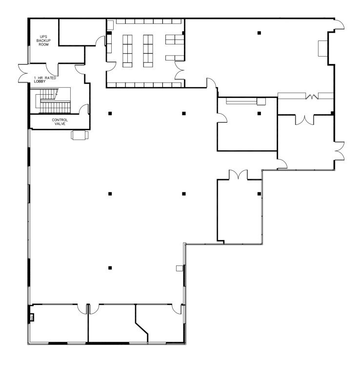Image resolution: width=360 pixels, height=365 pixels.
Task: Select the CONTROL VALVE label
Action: point(60,122)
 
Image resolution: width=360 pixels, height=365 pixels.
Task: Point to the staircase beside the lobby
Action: point(54,101)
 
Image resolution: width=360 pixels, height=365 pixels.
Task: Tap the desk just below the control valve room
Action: point(80,135)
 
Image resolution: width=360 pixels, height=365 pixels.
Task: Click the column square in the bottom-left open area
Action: point(111,267)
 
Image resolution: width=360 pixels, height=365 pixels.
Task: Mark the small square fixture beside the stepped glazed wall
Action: point(179,268)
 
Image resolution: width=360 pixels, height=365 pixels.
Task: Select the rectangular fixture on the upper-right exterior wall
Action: point(322,48)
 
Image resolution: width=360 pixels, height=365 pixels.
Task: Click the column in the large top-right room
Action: point(260,33)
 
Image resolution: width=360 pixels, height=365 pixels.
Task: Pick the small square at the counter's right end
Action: point(261,101)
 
